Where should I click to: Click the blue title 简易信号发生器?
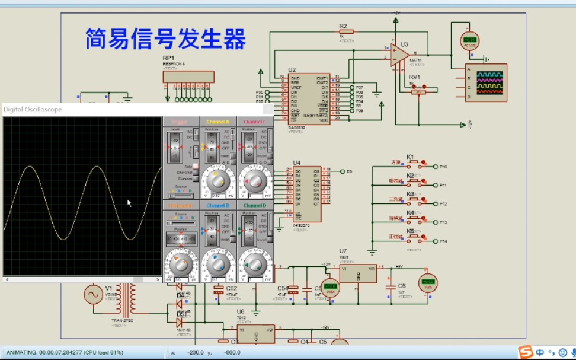[x=165, y=40]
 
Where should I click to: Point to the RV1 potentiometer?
[x=418, y=89]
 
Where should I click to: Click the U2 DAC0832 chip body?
[x=309, y=98]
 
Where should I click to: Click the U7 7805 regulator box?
[x=358, y=273]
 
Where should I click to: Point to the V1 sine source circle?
[x=93, y=294]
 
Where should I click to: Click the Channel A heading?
[x=217, y=122]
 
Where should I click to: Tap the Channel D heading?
[x=255, y=205]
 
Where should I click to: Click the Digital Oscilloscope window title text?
[x=33, y=110]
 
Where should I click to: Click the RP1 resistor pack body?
[x=188, y=77]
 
